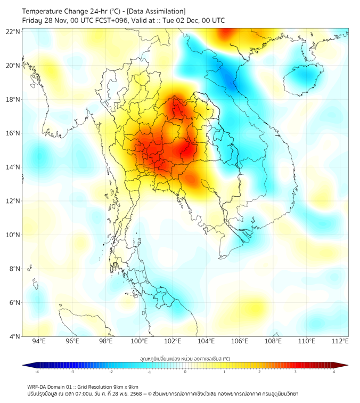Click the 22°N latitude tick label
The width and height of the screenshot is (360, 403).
(13, 31)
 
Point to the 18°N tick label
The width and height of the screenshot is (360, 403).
(13, 100)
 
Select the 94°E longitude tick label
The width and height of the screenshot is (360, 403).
(39, 342)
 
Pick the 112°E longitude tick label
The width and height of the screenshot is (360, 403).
(340, 342)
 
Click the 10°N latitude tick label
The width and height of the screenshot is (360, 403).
(13, 235)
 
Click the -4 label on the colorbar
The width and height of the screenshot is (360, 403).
(37, 372)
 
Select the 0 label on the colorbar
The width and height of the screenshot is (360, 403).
(185, 372)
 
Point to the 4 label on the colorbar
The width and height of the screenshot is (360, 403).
(334, 372)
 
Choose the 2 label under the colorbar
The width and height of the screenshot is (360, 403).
(260, 372)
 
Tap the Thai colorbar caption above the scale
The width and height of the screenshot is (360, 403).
(185, 359)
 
